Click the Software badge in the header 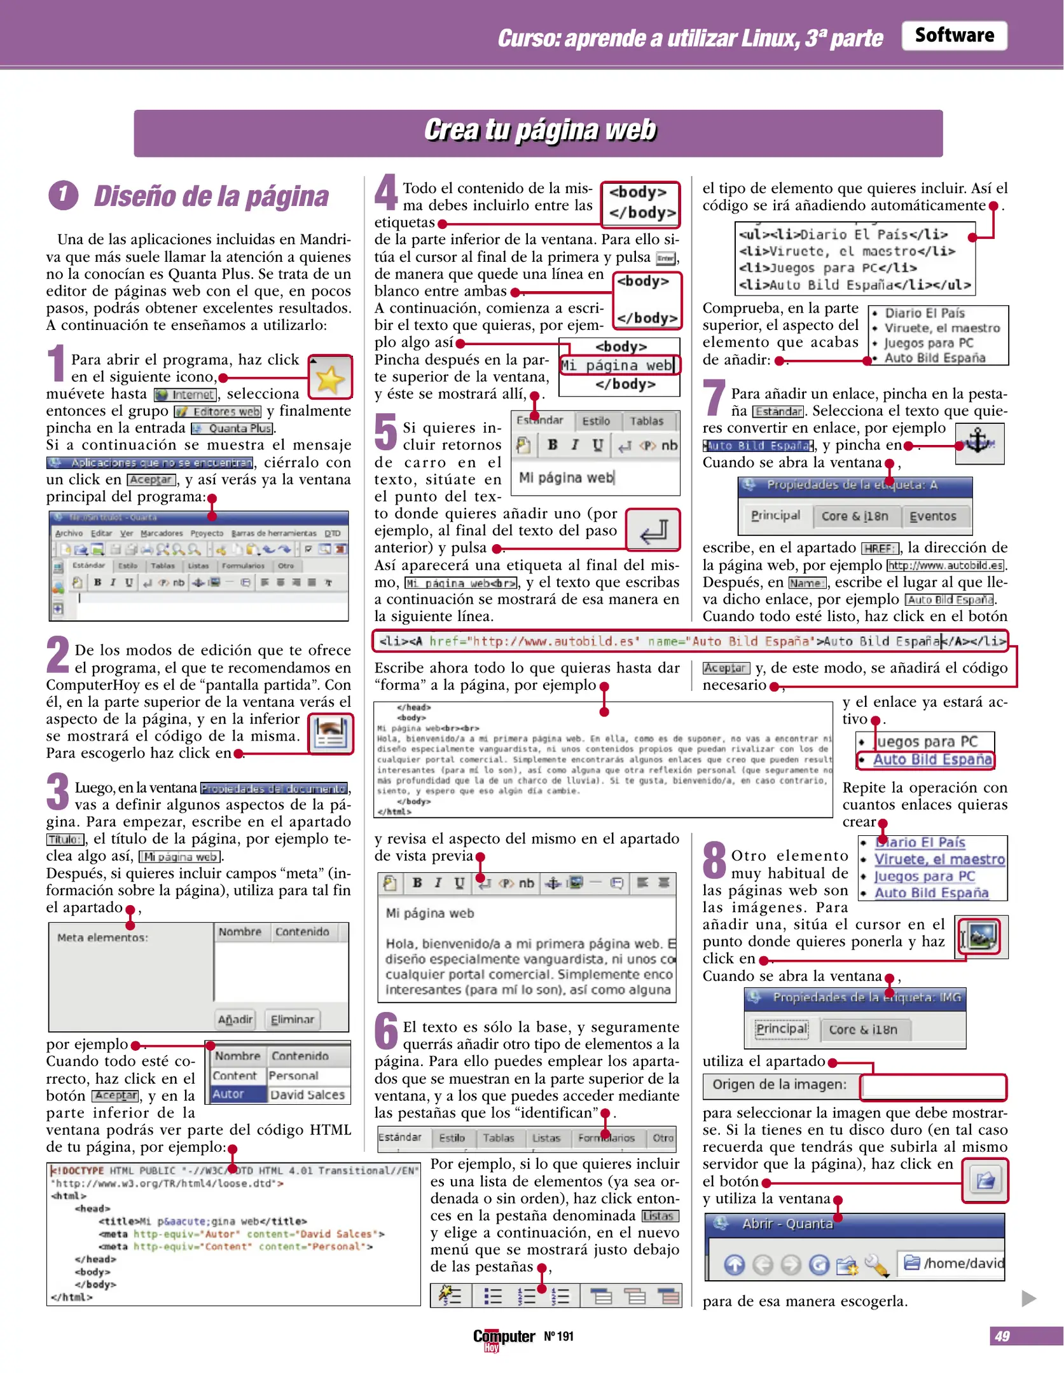click(953, 36)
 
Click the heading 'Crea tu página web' click(539, 131)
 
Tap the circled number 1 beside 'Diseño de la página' click(63, 195)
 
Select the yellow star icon click(330, 378)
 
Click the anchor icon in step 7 click(979, 442)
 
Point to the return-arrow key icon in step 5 click(653, 529)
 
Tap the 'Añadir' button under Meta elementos click(235, 1019)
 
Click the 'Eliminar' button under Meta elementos click(292, 1019)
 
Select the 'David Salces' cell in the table click(308, 1095)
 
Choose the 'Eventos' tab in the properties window click(932, 516)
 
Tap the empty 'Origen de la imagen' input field click(932, 1086)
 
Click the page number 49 click(1002, 1336)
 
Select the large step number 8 click(714, 859)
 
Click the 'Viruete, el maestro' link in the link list click(939, 859)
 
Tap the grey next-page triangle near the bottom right click(1028, 1297)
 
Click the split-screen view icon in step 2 click(331, 734)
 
